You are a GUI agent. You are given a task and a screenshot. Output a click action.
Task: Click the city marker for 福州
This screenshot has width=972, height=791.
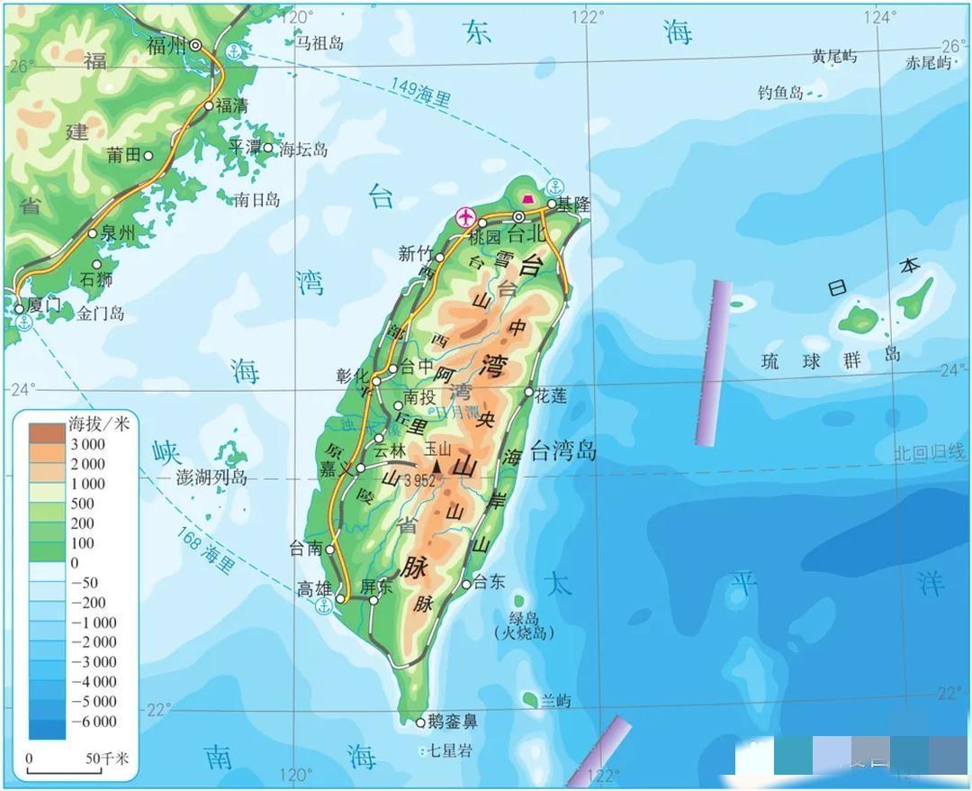point(195,45)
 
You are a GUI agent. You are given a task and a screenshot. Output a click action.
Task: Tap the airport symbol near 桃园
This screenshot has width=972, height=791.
point(465,216)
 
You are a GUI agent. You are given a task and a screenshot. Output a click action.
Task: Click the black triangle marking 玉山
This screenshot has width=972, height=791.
point(438,465)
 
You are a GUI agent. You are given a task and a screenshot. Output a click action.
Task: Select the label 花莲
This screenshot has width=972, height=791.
point(551,395)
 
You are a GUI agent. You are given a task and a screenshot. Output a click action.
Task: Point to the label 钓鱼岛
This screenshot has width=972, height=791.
point(780,92)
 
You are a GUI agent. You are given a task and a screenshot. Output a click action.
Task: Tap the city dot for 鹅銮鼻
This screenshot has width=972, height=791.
point(420,722)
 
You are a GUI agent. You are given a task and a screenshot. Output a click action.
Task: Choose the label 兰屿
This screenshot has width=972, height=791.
point(556,701)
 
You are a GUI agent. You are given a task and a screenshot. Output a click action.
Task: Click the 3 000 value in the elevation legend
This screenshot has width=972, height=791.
point(87,444)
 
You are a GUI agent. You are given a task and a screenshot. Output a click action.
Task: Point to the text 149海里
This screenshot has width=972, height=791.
point(420,93)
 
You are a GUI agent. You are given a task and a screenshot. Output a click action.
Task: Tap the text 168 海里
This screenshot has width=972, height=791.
point(205,550)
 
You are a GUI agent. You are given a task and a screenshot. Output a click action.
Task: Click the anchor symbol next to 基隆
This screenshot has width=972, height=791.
point(554,187)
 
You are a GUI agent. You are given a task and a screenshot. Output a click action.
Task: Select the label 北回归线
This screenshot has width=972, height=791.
point(929,453)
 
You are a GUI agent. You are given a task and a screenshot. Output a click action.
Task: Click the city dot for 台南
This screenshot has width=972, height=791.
point(330,548)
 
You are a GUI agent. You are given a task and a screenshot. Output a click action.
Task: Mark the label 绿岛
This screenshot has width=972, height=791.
point(523,618)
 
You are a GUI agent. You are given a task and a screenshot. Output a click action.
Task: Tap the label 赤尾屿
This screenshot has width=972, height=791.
point(928,63)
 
